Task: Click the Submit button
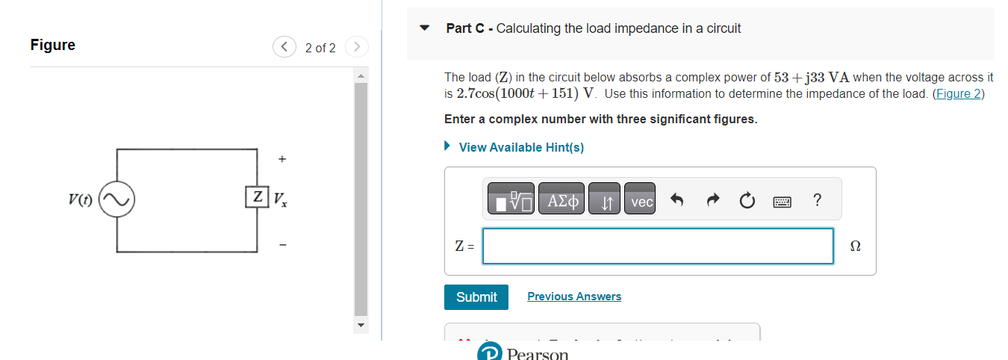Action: tap(476, 297)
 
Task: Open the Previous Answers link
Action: tap(573, 297)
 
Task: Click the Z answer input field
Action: tap(657, 246)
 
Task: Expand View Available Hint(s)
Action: tap(520, 147)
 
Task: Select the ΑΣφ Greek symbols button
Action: tap(561, 201)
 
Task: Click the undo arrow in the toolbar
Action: tap(677, 201)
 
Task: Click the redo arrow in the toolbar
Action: tap(712, 201)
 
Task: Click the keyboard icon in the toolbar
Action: tap(783, 201)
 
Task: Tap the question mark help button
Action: tap(817, 200)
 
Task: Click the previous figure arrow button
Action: tap(284, 48)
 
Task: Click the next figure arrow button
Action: tap(357, 48)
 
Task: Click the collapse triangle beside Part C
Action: tap(425, 28)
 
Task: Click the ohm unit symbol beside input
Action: tap(855, 246)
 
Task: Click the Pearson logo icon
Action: tap(489, 353)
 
